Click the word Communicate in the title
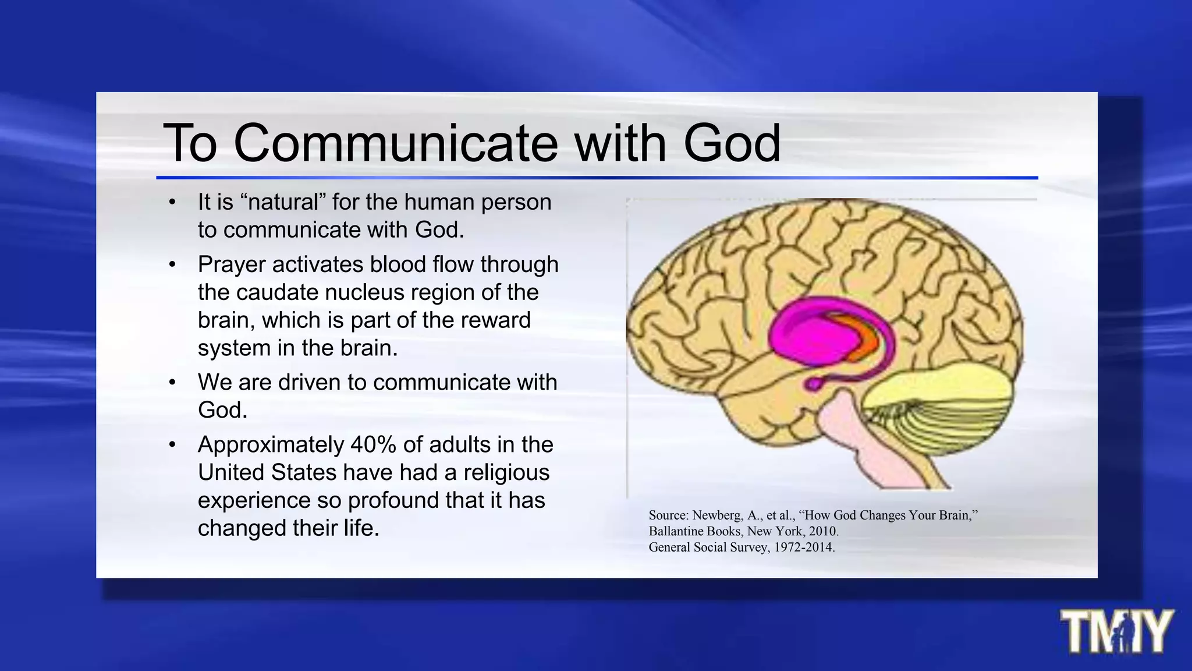click(396, 143)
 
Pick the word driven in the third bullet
click(306, 383)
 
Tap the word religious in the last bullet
click(506, 472)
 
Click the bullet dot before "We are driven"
click(172, 383)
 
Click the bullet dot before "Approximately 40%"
click(172, 445)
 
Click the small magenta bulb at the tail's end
click(813, 384)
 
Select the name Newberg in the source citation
click(718, 515)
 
